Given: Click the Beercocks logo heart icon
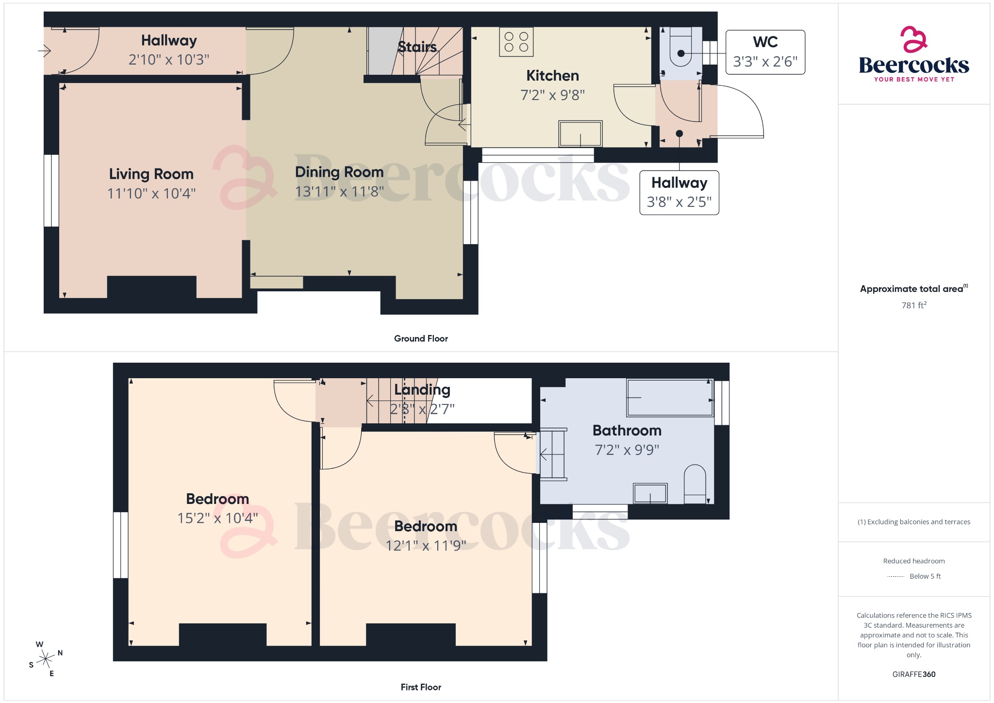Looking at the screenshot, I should (x=913, y=40).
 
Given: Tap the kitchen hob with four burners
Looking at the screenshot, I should (x=516, y=42).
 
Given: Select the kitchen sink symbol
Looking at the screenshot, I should (x=580, y=134).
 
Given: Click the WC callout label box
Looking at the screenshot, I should (x=765, y=52).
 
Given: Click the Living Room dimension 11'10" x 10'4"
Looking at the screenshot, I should (x=151, y=194).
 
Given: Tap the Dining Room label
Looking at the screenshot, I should (x=339, y=172).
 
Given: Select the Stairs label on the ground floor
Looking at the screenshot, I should (x=417, y=47).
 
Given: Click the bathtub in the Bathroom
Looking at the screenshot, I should (x=669, y=398).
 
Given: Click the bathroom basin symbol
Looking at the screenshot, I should (x=650, y=493).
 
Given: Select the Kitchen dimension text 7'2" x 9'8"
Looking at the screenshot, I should (x=552, y=95).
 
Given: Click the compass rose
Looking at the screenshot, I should (x=46, y=659).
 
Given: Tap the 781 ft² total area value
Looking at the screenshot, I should (x=913, y=305).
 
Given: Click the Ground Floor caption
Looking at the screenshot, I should (x=421, y=338).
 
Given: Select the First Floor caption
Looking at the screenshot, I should (x=421, y=687).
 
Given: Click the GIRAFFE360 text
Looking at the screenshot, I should (x=913, y=674).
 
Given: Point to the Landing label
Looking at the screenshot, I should (x=422, y=390).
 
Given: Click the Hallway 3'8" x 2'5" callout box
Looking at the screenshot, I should (x=679, y=193).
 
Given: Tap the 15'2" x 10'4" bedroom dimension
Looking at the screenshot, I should (x=217, y=519).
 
